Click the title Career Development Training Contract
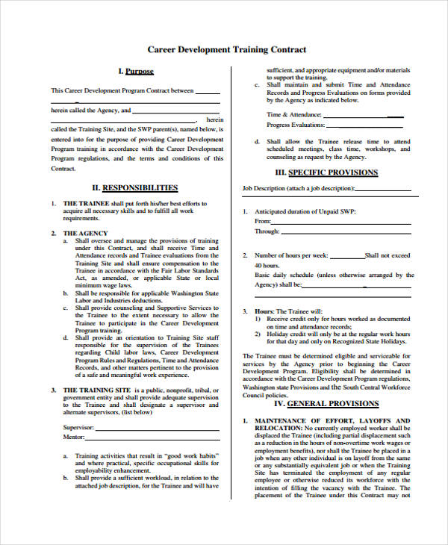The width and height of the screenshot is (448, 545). click(226, 50)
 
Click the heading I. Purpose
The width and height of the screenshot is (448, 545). click(135, 72)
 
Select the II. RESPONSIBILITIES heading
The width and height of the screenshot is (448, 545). click(134, 187)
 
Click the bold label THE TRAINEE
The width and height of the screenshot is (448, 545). click(86, 203)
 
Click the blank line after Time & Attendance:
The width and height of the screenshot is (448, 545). click(366, 116)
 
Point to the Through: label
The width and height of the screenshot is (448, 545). click(267, 231)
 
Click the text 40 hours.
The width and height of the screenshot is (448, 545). click(267, 265)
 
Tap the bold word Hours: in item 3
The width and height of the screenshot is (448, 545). click(264, 311)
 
